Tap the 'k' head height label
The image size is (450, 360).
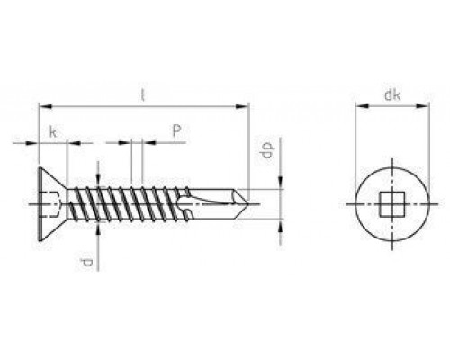(x=53, y=131)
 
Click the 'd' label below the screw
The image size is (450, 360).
(x=85, y=262)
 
